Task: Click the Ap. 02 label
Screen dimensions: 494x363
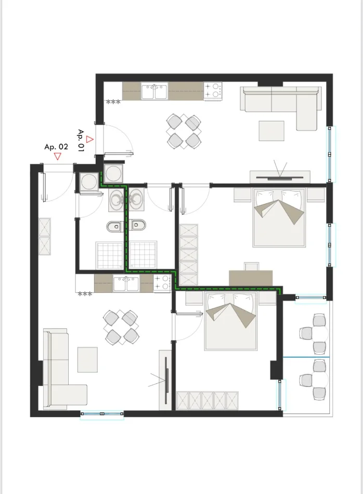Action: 56,147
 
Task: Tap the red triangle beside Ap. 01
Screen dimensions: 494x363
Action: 89,139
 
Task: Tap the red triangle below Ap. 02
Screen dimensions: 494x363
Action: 57,155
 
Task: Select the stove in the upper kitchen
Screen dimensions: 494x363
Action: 213,90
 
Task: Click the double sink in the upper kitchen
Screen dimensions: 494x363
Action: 155,92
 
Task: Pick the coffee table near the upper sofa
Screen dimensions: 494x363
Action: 271,131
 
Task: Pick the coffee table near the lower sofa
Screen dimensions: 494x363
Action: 87,359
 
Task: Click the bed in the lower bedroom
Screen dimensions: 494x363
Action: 231,320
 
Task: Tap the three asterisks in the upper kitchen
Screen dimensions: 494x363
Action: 113,102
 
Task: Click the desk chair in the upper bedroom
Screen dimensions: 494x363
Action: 252,266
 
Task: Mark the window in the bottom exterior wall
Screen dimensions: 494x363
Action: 102,414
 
